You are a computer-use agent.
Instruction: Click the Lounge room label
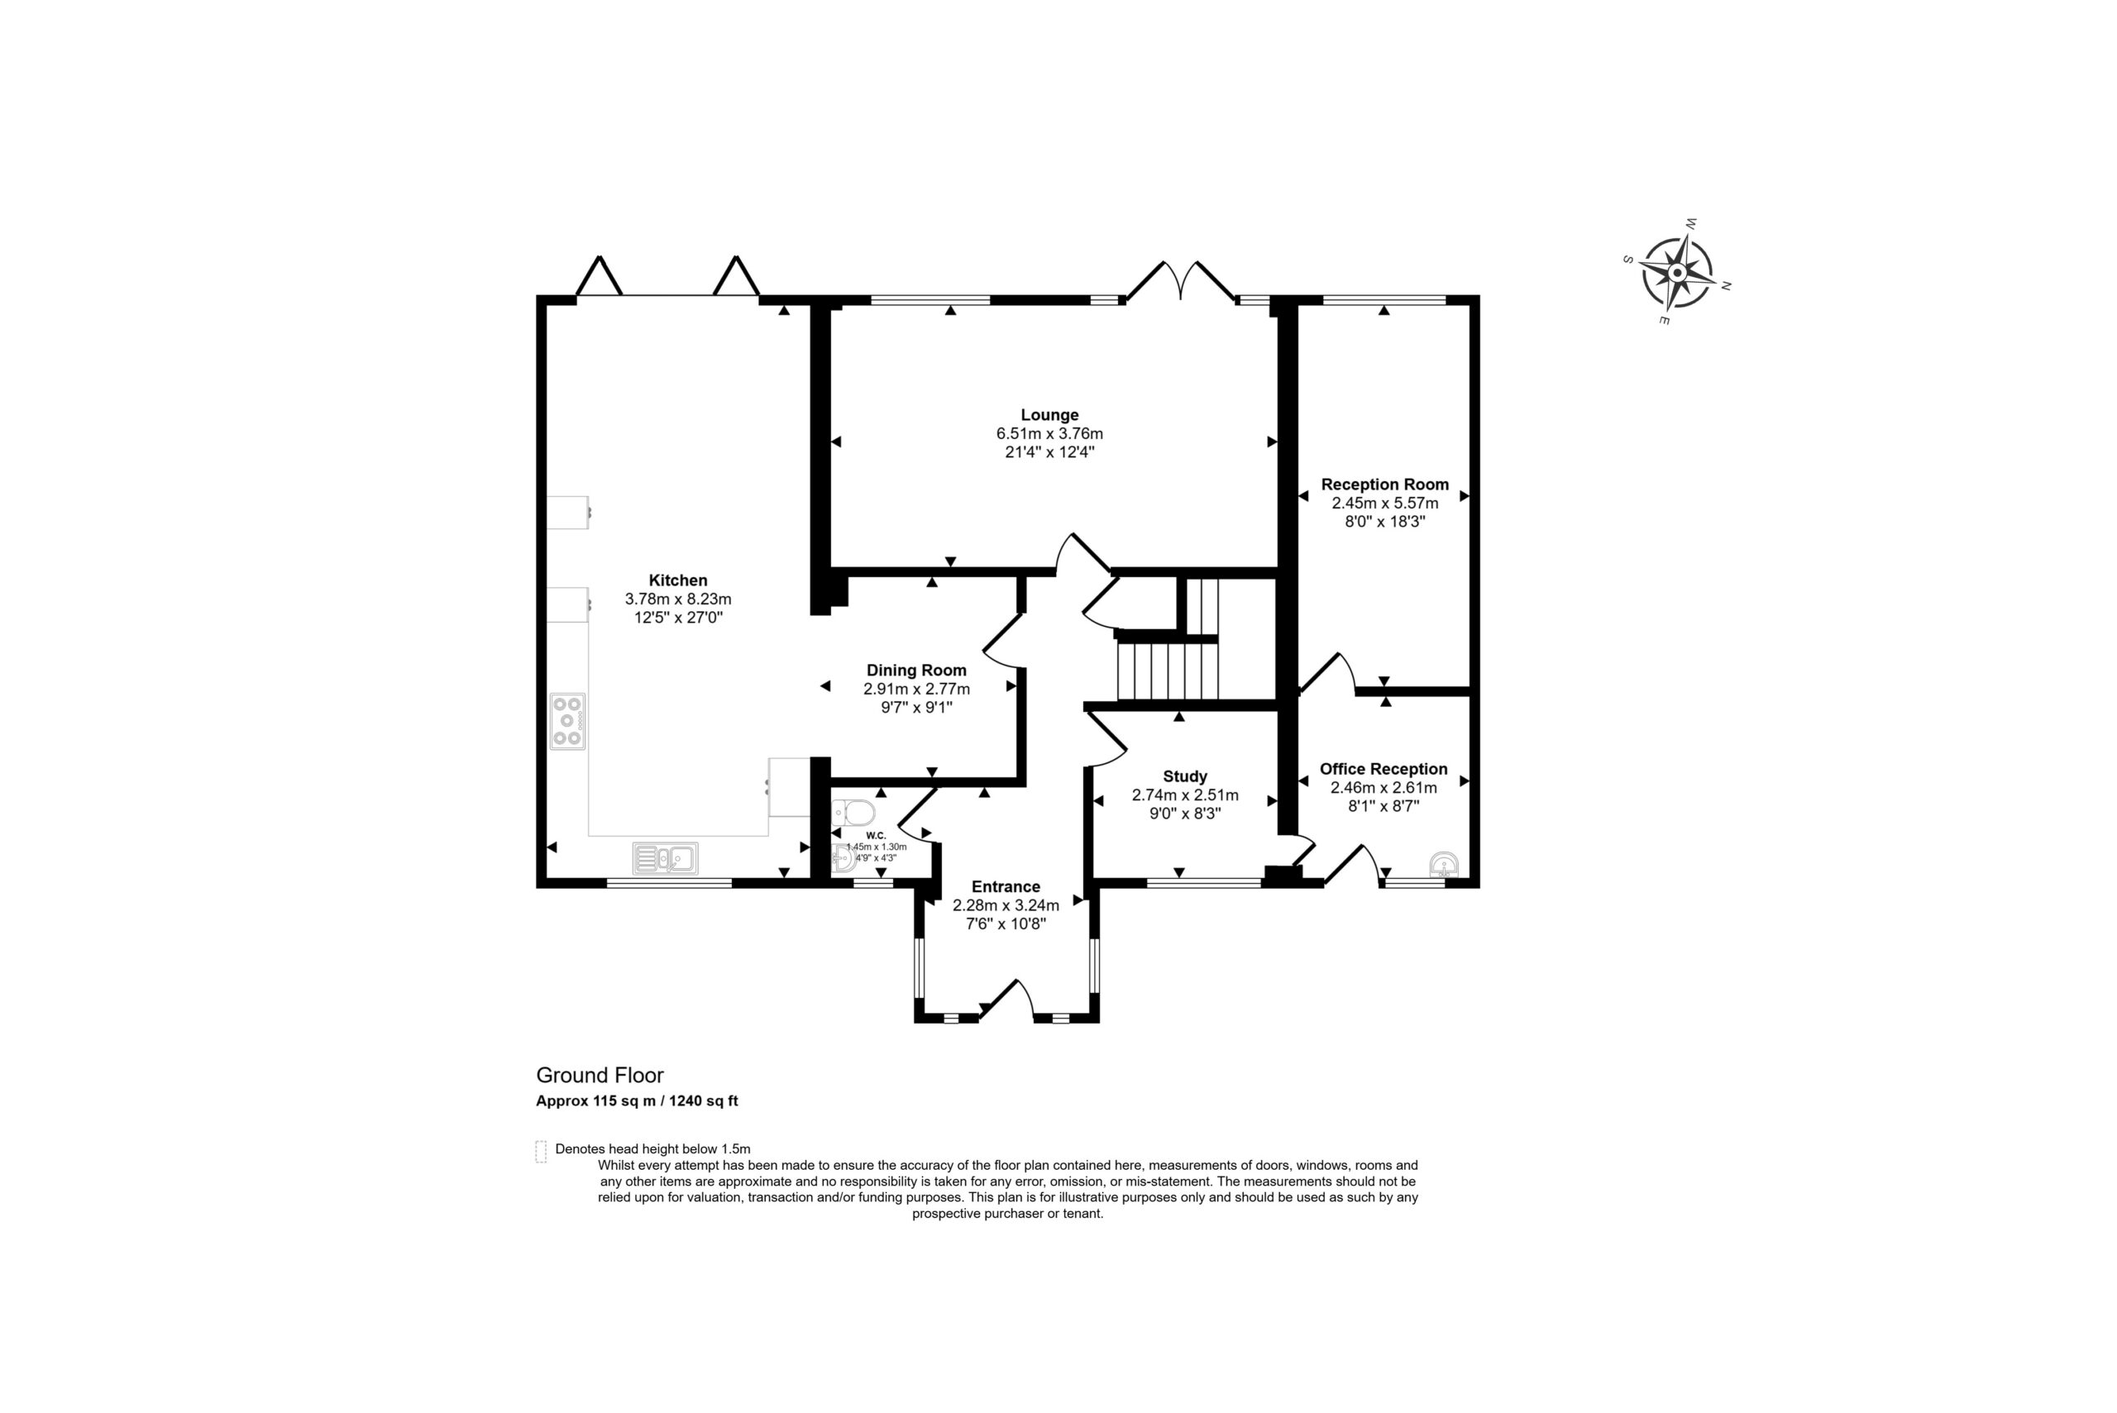[1049, 415]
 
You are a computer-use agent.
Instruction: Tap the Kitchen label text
[678, 580]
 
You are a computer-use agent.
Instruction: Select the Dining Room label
[916, 671]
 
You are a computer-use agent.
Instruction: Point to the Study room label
[1185, 777]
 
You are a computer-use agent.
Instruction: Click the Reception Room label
[1385, 485]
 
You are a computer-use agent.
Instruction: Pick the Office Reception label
[1383, 770]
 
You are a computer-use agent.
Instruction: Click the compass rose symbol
[1677, 272]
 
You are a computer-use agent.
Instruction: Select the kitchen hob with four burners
[568, 722]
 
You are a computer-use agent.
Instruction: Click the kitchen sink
[666, 859]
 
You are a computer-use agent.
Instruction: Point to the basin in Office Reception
[1444, 865]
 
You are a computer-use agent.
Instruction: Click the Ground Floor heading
[600, 1075]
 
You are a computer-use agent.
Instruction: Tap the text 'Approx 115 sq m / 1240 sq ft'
[638, 1101]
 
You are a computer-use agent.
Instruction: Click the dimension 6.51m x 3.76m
[1049, 434]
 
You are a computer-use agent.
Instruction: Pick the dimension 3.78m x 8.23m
[678, 599]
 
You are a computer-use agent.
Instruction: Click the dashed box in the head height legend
[541, 1152]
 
